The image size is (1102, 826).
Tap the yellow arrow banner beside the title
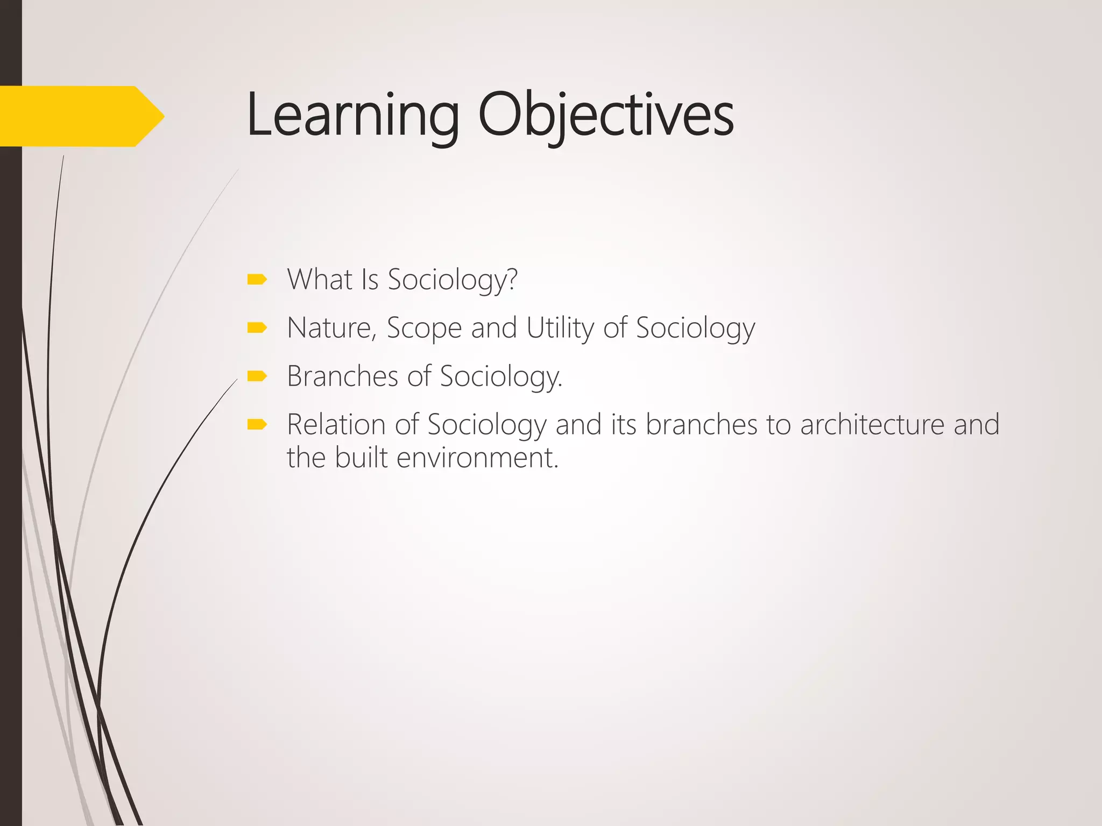point(81,116)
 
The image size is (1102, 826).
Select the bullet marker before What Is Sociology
point(257,279)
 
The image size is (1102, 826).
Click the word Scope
point(424,327)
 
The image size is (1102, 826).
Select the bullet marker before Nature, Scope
point(257,327)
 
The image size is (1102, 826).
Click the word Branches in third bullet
point(342,376)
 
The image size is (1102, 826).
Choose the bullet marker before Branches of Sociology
point(257,376)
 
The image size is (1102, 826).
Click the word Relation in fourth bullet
point(336,424)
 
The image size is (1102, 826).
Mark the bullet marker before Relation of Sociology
point(257,425)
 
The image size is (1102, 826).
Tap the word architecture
point(872,424)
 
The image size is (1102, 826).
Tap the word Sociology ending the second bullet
point(695,327)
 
